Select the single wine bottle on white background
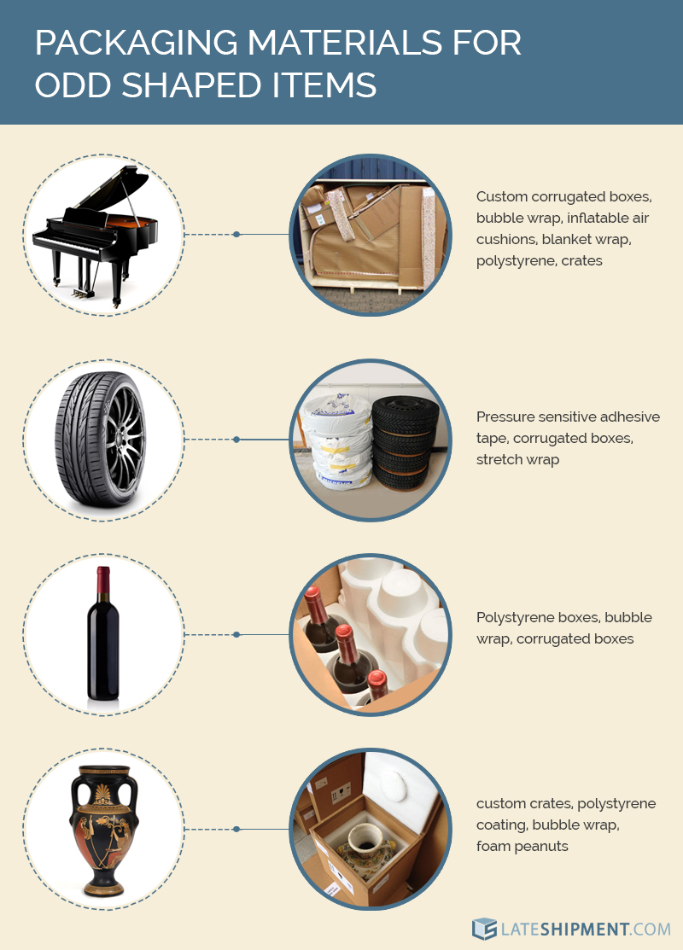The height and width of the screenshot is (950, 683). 103,636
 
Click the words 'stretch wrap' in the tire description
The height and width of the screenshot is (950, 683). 517,459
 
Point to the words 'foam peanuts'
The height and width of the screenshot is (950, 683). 522,846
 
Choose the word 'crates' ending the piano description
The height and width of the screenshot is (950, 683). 581,260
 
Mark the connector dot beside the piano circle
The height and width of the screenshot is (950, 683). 236,234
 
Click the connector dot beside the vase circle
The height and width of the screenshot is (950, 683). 236,829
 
